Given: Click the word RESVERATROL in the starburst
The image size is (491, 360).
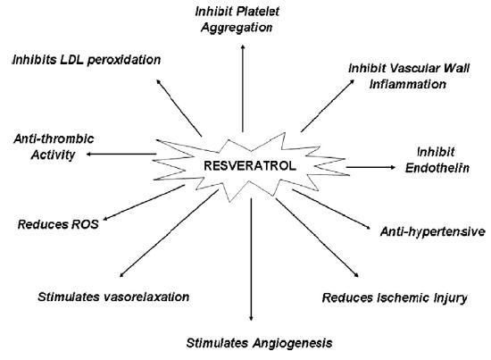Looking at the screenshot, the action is click(250, 166).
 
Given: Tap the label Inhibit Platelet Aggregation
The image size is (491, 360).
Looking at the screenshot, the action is click(237, 20).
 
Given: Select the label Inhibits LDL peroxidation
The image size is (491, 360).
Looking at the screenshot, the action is click(87, 60).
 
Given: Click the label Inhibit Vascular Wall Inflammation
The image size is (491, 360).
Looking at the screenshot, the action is click(409, 76).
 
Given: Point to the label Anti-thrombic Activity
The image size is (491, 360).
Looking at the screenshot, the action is click(54, 147).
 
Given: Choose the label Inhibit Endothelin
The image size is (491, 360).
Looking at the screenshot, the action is click(437, 160).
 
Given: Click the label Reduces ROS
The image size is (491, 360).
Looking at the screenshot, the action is click(58, 224).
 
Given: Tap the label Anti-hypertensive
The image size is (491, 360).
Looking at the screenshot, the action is click(433, 231).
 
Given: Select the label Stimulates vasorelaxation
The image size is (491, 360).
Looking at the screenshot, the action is click(113, 297).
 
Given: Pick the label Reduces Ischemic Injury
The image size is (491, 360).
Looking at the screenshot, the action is click(395, 297).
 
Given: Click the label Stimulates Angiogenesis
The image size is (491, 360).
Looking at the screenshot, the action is click(259, 343).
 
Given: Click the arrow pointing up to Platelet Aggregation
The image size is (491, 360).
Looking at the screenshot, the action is click(243, 88).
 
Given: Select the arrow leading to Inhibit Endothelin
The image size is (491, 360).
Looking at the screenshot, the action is click(371, 167).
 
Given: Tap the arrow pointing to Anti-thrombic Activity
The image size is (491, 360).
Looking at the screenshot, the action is click(121, 154).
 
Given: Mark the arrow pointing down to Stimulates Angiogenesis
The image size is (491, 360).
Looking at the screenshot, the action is click(251, 259).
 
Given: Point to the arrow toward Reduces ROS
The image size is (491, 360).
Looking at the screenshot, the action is click(144, 203).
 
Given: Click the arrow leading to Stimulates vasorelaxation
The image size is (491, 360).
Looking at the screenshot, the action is click(169, 233).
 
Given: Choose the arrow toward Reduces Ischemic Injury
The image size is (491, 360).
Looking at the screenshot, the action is click(317, 238).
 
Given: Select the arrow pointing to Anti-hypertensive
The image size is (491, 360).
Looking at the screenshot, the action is click(331, 209).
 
